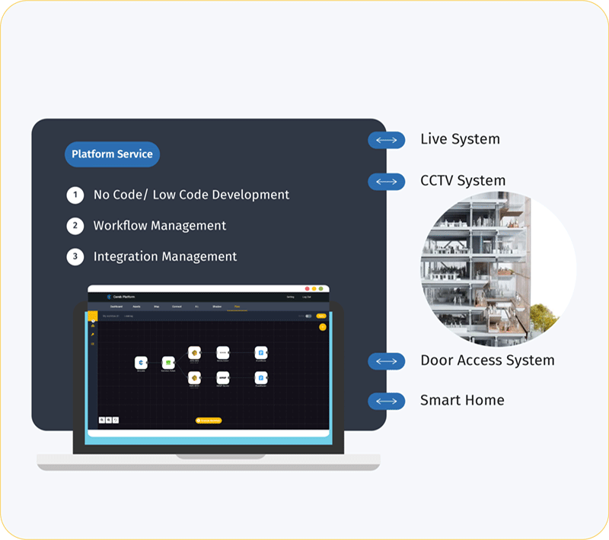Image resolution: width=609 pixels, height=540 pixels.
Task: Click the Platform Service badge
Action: [112, 154]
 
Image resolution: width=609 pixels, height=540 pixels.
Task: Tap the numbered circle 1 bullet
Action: [75, 195]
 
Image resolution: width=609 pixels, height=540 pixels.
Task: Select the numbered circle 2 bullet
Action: [75, 226]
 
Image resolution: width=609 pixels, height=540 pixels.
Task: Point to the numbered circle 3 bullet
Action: [75, 257]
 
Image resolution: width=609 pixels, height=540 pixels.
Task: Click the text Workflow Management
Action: [160, 226]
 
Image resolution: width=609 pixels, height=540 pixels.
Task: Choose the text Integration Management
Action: [165, 257]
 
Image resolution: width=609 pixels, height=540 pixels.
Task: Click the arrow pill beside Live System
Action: [386, 140]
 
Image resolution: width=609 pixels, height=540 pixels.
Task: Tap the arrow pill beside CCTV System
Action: [386, 182]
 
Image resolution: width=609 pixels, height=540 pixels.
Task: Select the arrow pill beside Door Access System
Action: [386, 361]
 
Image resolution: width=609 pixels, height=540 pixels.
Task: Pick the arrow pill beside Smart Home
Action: [386, 401]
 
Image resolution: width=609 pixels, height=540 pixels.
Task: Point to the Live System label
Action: [460, 140]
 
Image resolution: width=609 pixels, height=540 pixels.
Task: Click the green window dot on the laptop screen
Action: [322, 289]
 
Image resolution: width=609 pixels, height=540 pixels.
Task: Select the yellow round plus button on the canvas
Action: [323, 327]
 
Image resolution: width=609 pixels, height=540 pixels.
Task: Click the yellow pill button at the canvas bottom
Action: [209, 420]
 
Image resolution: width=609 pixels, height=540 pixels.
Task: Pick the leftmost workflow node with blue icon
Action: [141, 362]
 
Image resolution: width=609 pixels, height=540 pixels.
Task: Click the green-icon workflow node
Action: [167, 362]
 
